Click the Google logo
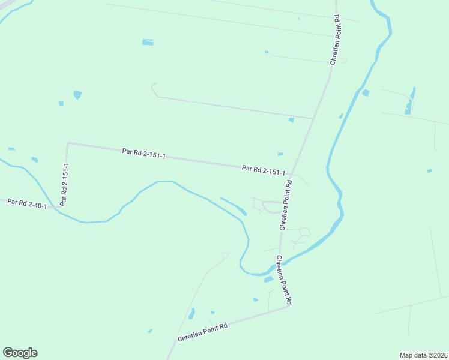[20, 353]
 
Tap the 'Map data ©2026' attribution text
[423, 355]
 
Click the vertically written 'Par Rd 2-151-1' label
[65, 184]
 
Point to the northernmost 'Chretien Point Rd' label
[335, 40]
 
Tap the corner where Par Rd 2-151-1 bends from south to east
[68, 143]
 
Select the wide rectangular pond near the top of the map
[148, 42]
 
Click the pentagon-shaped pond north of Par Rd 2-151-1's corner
[77, 95]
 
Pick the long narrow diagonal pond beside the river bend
[233, 206]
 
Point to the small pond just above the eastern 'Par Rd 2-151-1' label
[280, 154]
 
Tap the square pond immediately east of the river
[366, 92]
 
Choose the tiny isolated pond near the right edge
[429, 171]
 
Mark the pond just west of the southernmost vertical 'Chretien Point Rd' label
[268, 279]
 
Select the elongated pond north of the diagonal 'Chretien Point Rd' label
[191, 314]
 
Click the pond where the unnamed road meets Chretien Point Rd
[291, 120]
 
